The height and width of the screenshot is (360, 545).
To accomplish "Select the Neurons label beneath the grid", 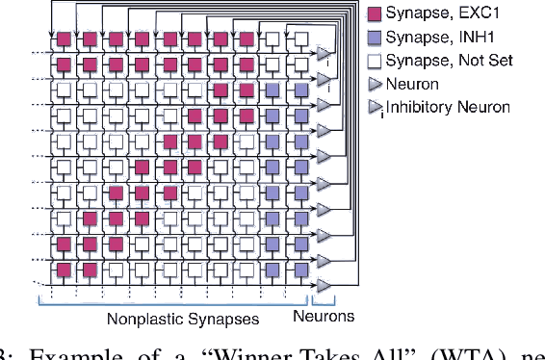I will point(324,316).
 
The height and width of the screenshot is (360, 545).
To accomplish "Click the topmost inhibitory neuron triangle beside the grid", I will point(324,53).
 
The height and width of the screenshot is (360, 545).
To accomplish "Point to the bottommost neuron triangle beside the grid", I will point(324,285).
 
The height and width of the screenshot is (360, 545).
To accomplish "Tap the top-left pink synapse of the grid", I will point(63,40).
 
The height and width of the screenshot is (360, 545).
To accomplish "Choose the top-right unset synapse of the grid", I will point(300,40).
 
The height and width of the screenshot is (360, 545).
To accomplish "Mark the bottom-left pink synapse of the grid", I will point(63,270).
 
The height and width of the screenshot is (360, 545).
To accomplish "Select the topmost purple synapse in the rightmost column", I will point(300,90).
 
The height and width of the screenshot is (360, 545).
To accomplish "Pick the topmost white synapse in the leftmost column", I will point(63,90).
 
